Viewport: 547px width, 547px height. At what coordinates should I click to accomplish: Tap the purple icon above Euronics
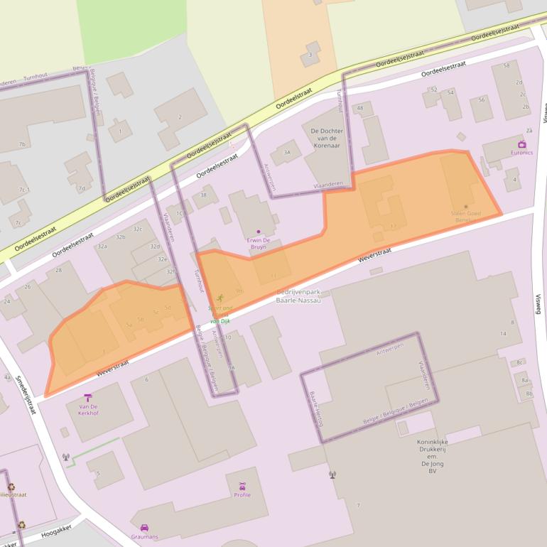523,144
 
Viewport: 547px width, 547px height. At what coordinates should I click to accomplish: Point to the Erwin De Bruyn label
256,244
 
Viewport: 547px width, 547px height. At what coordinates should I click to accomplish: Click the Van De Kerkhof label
88,409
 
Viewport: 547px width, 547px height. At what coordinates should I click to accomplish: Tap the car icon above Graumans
144,528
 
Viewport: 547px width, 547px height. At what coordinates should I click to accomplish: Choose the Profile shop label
242,494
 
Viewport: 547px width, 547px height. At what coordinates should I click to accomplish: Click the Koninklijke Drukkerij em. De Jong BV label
432,455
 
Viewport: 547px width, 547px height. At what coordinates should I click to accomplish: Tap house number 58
506,65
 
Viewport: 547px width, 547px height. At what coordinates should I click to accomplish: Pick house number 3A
287,152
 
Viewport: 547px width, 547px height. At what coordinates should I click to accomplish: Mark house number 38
204,195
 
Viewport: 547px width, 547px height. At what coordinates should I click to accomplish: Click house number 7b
22,144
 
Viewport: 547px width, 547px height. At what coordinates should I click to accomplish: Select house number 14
503,333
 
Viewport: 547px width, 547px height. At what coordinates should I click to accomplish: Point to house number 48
361,108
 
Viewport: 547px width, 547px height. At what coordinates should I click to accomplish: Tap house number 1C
180,212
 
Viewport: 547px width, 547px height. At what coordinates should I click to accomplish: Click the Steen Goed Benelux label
466,216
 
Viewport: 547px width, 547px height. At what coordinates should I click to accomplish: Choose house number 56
482,99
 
